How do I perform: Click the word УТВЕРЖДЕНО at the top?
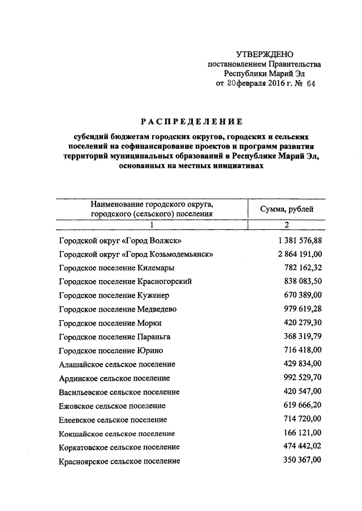265,54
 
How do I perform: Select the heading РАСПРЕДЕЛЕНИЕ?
192,121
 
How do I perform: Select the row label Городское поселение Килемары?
117,268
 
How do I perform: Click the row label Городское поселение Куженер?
114,295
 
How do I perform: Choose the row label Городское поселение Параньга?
115,337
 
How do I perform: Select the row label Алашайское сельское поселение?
117,364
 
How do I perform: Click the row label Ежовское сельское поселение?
112,405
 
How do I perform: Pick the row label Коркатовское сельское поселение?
119,447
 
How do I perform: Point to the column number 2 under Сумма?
287,225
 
